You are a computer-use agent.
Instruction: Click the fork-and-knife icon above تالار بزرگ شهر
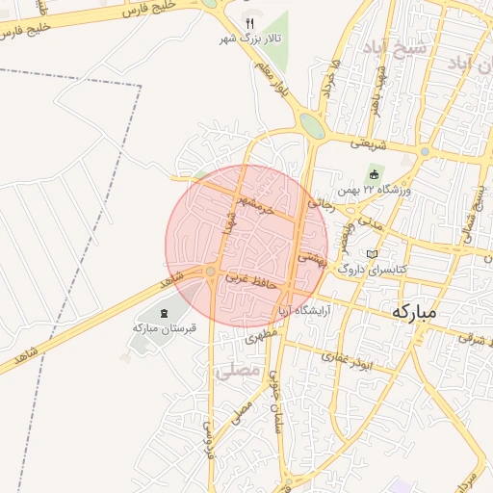[x=248, y=22]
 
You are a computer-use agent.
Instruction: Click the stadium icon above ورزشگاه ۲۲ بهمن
[x=375, y=173]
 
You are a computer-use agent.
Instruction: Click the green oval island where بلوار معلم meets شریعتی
[x=313, y=125]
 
